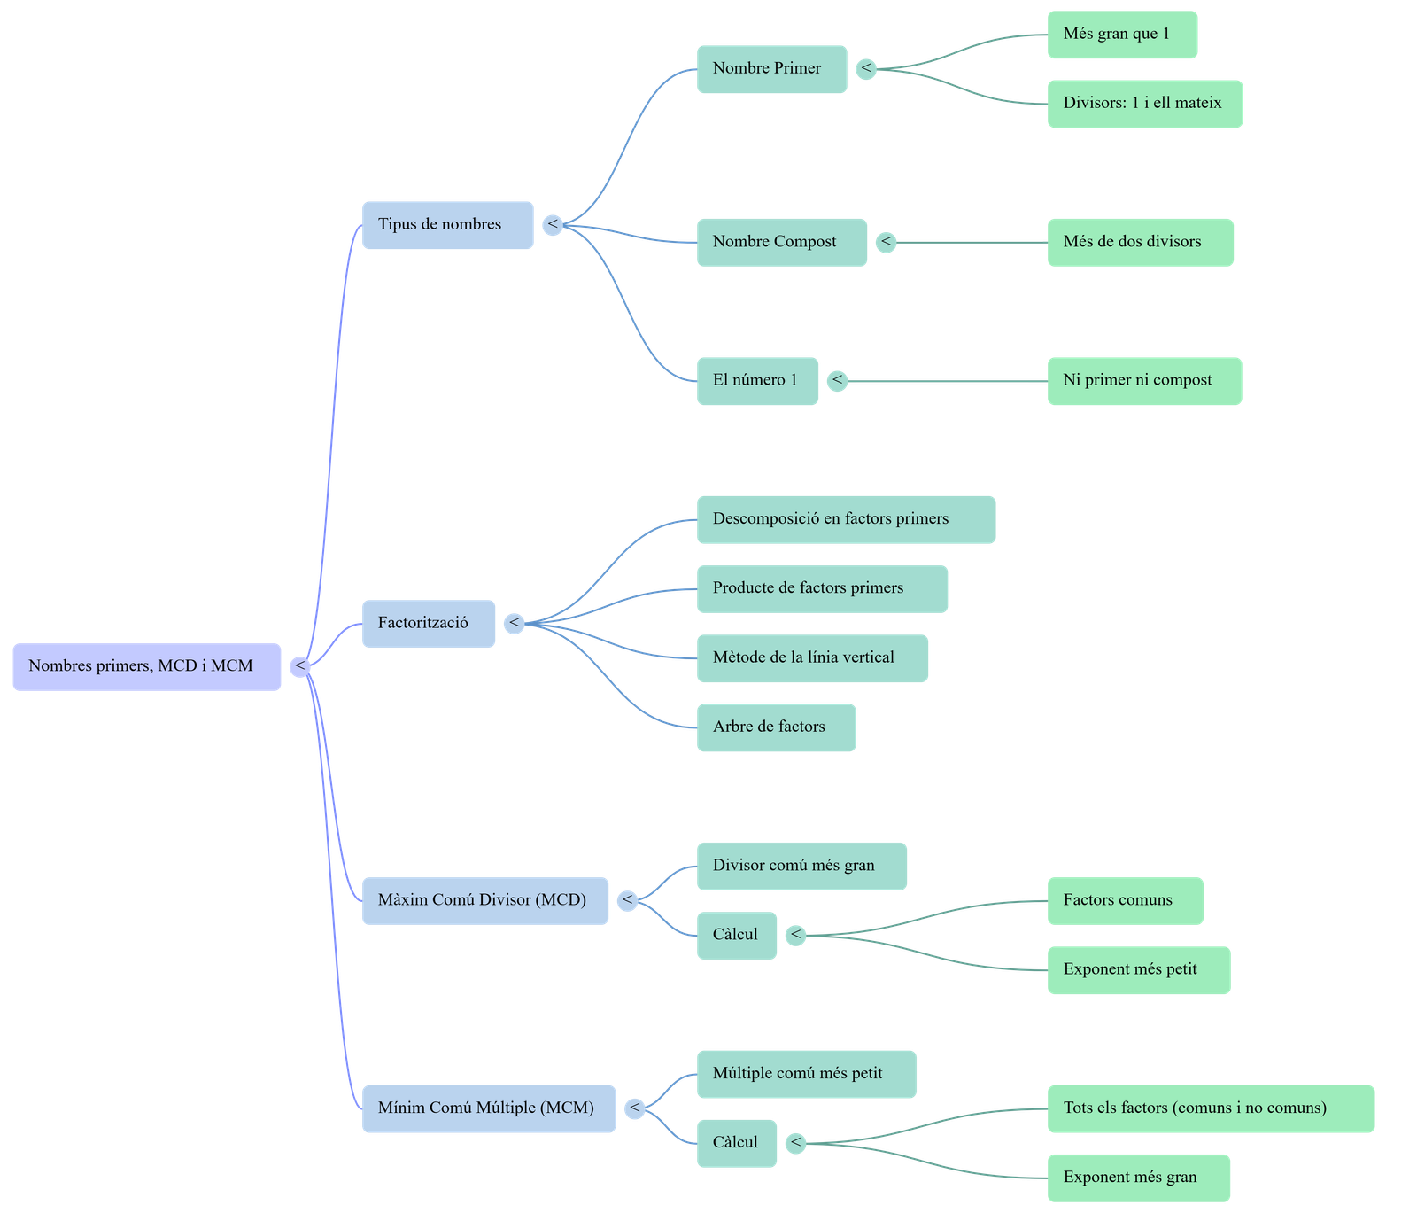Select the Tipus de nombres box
point(447,224)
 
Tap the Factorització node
point(428,623)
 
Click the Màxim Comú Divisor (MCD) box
point(484,900)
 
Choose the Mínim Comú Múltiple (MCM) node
point(488,1108)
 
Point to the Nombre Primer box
point(771,69)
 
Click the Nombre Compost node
point(781,242)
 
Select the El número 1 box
point(757,381)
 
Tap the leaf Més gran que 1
point(1122,35)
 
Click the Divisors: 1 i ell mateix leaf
point(1144,104)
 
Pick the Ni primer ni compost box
point(1144,381)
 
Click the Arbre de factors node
point(776,727)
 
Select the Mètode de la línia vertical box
point(812,657)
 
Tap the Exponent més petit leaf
point(1138,969)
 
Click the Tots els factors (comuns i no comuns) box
point(1211,1108)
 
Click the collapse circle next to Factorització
point(514,623)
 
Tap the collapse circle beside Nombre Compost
point(886,242)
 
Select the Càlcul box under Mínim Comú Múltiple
point(737,1143)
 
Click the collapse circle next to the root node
point(300,666)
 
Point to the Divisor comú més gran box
point(801,866)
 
